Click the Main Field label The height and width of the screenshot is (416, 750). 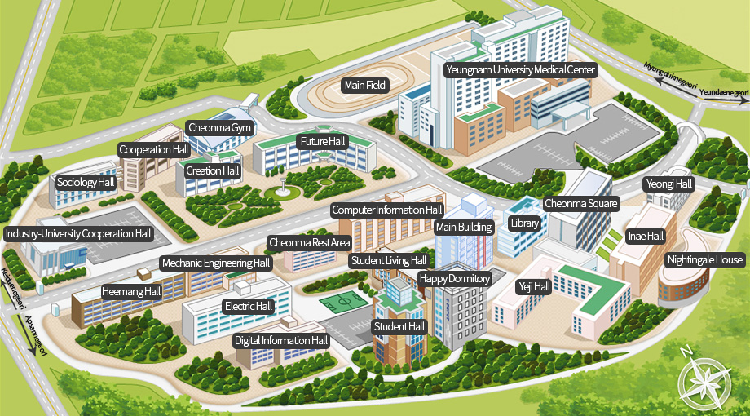(364, 85)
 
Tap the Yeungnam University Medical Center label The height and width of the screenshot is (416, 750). (520, 70)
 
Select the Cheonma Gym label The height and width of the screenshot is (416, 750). (220, 128)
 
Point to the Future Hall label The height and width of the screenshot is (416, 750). (323, 142)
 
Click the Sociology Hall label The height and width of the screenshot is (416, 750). (86, 182)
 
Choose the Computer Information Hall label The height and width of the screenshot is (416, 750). (387, 210)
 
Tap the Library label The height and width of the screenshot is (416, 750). (523, 223)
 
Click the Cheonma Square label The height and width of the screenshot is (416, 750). (581, 203)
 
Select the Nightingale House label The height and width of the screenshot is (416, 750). (705, 260)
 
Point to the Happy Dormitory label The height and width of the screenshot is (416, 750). (455, 279)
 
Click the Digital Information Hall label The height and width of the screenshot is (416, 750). (281, 340)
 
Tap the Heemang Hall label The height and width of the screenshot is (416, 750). (131, 290)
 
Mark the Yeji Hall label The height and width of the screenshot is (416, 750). (535, 287)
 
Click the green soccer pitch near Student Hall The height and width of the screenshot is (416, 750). (342, 303)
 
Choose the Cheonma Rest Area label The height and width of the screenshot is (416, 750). (310, 242)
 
